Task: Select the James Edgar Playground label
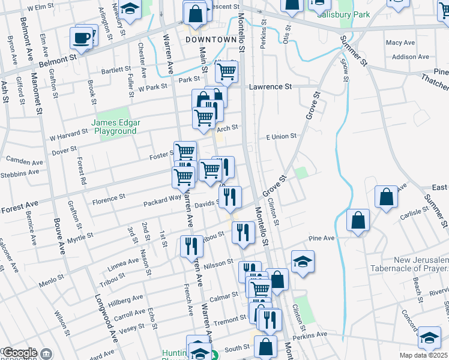tap(116, 127)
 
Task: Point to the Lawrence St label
tap(270, 86)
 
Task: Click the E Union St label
tap(281, 136)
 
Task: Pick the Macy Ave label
tap(400, 43)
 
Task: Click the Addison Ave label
tap(408, 57)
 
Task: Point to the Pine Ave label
tap(321, 238)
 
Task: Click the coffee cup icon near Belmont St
tap(82, 38)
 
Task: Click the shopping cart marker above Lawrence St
tap(227, 71)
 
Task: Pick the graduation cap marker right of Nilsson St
tap(303, 261)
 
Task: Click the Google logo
tap(19, 353)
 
